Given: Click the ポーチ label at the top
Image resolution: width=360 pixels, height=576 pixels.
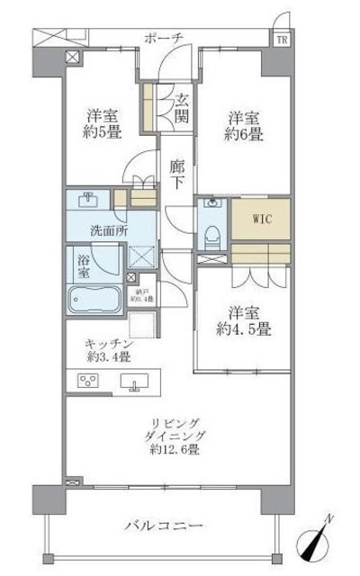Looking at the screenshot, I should tap(163, 38).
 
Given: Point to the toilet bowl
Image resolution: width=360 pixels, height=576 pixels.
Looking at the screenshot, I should tap(211, 237).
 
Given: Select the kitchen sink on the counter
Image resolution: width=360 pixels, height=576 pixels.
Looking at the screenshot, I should tap(137, 383).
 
